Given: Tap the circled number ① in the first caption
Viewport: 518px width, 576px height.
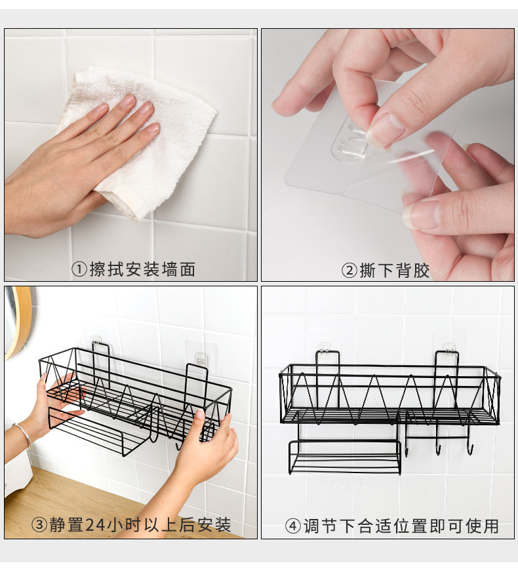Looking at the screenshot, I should tap(79, 269).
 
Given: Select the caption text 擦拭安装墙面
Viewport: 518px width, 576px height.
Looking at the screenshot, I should tap(142, 269).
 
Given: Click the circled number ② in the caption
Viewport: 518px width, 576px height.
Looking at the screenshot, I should tap(349, 270).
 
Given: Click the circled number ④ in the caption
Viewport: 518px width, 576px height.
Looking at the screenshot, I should tap(292, 526).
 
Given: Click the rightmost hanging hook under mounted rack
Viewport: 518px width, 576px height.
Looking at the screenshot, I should tap(469, 448).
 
